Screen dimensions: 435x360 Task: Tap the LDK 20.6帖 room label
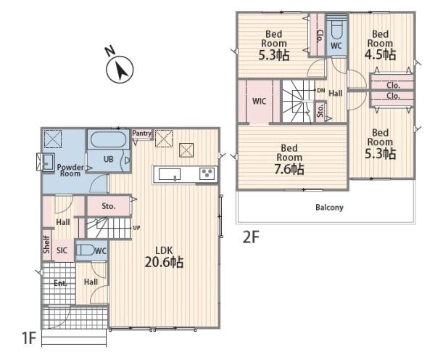pyautogui.click(x=164, y=257)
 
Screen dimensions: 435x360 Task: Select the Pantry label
pyautogui.click(x=142, y=134)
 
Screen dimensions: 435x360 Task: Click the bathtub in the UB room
pyautogui.click(x=108, y=140)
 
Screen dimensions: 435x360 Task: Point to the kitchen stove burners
pyautogui.click(x=207, y=174)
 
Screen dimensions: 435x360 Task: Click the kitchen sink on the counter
pyautogui.click(x=170, y=174)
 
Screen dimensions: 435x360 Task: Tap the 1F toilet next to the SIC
pyautogui.click(x=85, y=250)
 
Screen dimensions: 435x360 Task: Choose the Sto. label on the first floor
pyautogui.click(x=109, y=206)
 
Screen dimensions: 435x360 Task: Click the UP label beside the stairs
pyautogui.click(x=136, y=228)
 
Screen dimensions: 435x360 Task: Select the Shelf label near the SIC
pyautogui.click(x=46, y=245)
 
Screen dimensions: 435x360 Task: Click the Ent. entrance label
pyautogui.click(x=60, y=283)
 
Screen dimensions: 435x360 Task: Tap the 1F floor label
pyautogui.click(x=29, y=338)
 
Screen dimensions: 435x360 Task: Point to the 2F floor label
pyautogui.click(x=251, y=237)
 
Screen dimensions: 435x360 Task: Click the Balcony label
pyautogui.click(x=329, y=208)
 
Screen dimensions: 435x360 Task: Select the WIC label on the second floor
pyautogui.click(x=259, y=101)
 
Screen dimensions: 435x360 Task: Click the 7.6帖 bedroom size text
pyautogui.click(x=289, y=169)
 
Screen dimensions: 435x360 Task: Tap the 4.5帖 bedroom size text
pyautogui.click(x=380, y=54)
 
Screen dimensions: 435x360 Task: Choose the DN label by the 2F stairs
pyautogui.click(x=321, y=90)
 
